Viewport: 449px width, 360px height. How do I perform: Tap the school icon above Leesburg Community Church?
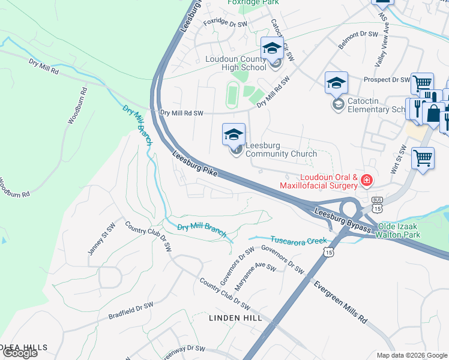(x=234, y=134)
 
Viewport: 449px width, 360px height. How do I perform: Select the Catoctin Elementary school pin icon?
(x=336, y=83)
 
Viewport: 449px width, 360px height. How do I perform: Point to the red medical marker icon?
(x=366, y=179)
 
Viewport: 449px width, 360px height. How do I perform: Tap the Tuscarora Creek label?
(x=298, y=240)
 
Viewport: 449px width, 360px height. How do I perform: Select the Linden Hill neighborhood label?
(x=236, y=317)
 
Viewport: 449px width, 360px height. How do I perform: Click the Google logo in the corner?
(x=20, y=353)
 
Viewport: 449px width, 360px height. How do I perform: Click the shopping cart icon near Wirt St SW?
(x=423, y=158)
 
